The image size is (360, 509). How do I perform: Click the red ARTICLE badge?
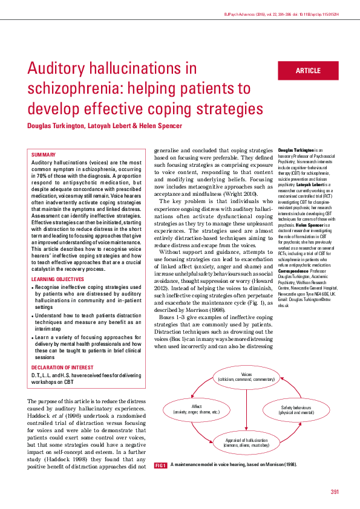[x=308, y=71]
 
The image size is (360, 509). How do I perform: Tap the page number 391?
[x=335, y=490]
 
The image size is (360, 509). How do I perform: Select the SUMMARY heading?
[x=43, y=155]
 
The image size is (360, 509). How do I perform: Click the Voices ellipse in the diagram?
[x=246, y=377]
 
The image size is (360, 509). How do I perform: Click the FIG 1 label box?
[x=160, y=465]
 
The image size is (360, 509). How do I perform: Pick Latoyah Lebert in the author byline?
[x=99, y=126]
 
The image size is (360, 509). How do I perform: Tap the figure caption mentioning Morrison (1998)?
[x=233, y=465]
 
